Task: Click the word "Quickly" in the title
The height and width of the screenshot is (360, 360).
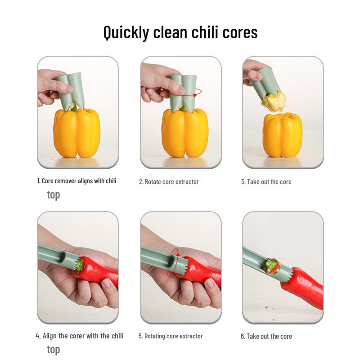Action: coord(126,32)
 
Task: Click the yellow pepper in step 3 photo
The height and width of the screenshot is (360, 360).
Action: coord(283,135)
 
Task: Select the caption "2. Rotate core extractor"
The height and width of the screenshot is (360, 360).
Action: coord(169,182)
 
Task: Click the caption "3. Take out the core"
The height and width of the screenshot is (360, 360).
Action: coord(266,182)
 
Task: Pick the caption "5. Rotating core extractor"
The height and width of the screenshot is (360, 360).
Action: coord(171,336)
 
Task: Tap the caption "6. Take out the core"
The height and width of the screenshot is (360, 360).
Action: coord(266,336)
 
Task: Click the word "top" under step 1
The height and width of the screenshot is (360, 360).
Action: coord(53,195)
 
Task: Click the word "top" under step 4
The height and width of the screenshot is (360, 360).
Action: coord(53,350)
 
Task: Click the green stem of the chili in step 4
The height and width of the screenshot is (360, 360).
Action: coord(79,266)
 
